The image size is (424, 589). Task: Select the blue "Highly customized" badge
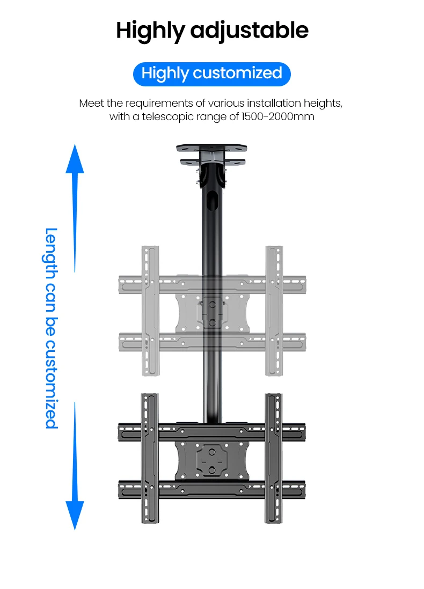pyautogui.click(x=211, y=73)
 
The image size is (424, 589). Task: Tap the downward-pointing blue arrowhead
pyautogui.click(x=75, y=514)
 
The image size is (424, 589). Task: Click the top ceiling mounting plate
pyautogui.click(x=211, y=146)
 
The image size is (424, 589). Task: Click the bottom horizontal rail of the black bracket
pyautogui.click(x=211, y=488)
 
